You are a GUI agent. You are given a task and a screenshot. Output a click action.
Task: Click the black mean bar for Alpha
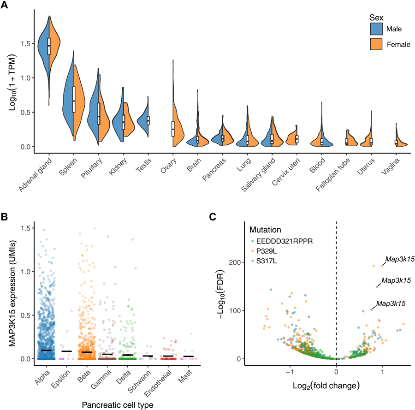point(47,351)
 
